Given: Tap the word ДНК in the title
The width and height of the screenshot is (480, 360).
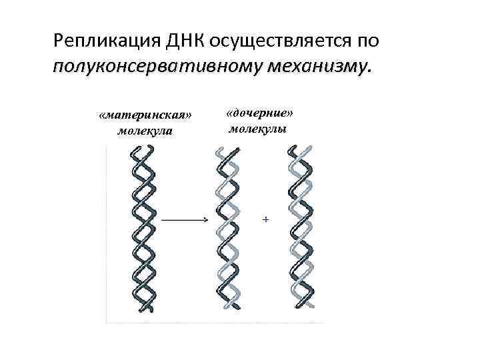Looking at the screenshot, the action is pyautogui.click(x=181, y=42).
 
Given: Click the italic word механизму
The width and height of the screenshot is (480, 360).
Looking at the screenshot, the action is pyautogui.click(x=318, y=67).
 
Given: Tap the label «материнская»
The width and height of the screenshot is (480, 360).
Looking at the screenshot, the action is pyautogui.click(x=144, y=115).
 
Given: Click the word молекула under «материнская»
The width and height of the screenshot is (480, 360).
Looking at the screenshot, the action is pyautogui.click(x=144, y=130).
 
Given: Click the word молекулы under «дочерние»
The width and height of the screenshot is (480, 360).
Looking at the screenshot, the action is pyautogui.click(x=258, y=127).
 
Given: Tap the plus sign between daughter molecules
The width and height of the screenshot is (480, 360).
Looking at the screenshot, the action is pyautogui.click(x=266, y=219).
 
